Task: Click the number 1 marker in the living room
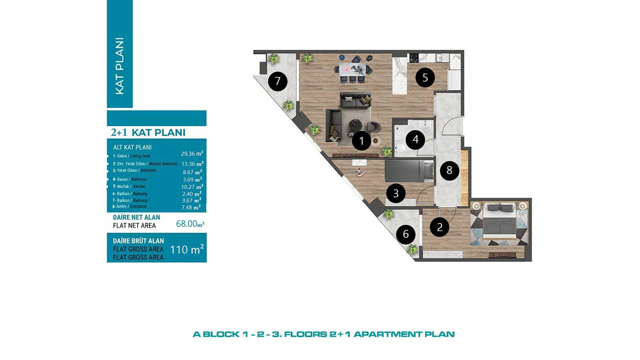[362, 141]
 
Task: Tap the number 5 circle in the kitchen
[425, 78]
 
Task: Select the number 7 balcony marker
[278, 81]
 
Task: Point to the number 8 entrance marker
[449, 170]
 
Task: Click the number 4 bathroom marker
[416, 140]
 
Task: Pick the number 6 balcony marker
[406, 234]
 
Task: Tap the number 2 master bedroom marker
[440, 227]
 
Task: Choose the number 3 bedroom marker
[396, 194]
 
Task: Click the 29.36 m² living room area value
[192, 154]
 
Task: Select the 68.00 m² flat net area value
[190, 223]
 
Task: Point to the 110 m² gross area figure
[187, 249]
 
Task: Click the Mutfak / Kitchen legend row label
[129, 186]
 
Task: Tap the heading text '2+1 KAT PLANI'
[148, 132]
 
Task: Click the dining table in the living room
[352, 69]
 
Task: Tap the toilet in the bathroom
[400, 148]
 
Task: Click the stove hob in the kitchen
[414, 58]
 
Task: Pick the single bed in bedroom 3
[409, 171]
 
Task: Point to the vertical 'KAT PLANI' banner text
[120, 66]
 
